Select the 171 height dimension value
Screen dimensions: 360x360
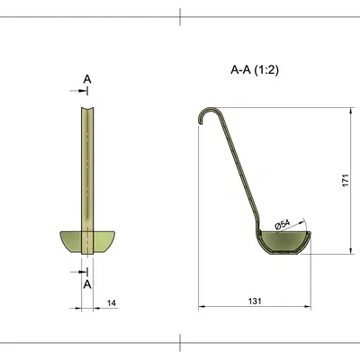(346, 180)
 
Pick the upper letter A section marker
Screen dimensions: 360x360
(87, 79)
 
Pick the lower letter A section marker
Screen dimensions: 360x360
(87, 283)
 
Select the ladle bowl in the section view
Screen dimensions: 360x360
(283, 243)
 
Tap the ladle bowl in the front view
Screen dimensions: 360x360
(86, 242)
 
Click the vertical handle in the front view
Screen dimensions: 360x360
(86, 162)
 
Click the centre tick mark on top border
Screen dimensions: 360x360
(181, 14)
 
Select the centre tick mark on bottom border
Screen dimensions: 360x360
(181, 343)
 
